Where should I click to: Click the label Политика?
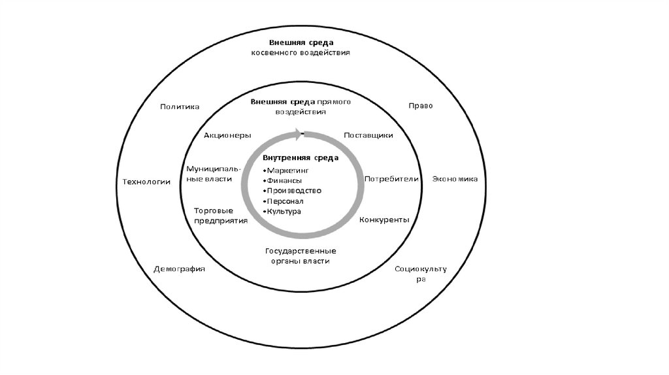180,106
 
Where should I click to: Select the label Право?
421,106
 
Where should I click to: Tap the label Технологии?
146,182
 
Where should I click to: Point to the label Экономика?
454,179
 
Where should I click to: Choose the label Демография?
180,269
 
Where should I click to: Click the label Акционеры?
227,135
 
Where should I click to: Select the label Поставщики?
368,135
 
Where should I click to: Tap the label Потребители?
391,179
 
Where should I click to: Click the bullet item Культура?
284,212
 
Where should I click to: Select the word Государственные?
301,251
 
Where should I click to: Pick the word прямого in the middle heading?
334,102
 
